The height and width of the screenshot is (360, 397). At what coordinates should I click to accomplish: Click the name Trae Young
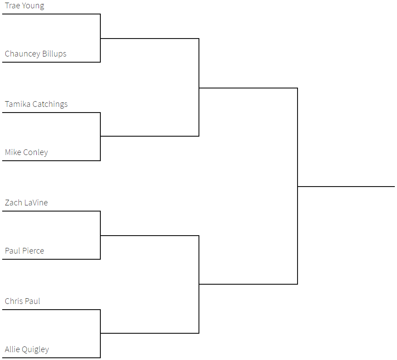click(24, 6)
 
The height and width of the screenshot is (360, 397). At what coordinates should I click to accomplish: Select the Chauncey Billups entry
click(35, 54)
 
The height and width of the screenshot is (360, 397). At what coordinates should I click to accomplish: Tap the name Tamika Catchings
click(36, 104)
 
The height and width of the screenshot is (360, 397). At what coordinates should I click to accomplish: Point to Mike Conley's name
click(26, 152)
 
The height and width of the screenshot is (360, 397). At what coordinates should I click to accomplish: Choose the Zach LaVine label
click(26, 203)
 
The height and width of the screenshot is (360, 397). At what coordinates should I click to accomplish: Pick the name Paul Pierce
click(24, 251)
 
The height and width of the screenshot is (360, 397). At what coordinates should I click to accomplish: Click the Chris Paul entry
click(22, 301)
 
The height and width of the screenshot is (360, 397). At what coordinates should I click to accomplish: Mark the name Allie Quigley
click(27, 349)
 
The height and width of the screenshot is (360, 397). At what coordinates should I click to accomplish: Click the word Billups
click(54, 54)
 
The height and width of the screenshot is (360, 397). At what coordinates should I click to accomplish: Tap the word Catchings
click(50, 104)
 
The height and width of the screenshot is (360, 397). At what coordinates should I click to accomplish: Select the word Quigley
click(35, 349)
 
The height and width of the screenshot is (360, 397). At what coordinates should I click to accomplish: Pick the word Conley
click(35, 152)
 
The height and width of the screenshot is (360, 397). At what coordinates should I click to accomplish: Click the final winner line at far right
click(346, 187)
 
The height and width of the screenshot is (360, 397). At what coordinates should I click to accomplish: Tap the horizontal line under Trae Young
click(51, 14)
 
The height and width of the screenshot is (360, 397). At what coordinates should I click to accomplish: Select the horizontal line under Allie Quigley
click(51, 357)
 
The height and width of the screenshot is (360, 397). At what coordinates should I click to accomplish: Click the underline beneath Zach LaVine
click(51, 211)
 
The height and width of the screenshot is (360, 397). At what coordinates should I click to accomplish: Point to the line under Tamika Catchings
click(51, 113)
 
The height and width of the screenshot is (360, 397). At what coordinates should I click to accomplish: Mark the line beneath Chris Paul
click(51, 309)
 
